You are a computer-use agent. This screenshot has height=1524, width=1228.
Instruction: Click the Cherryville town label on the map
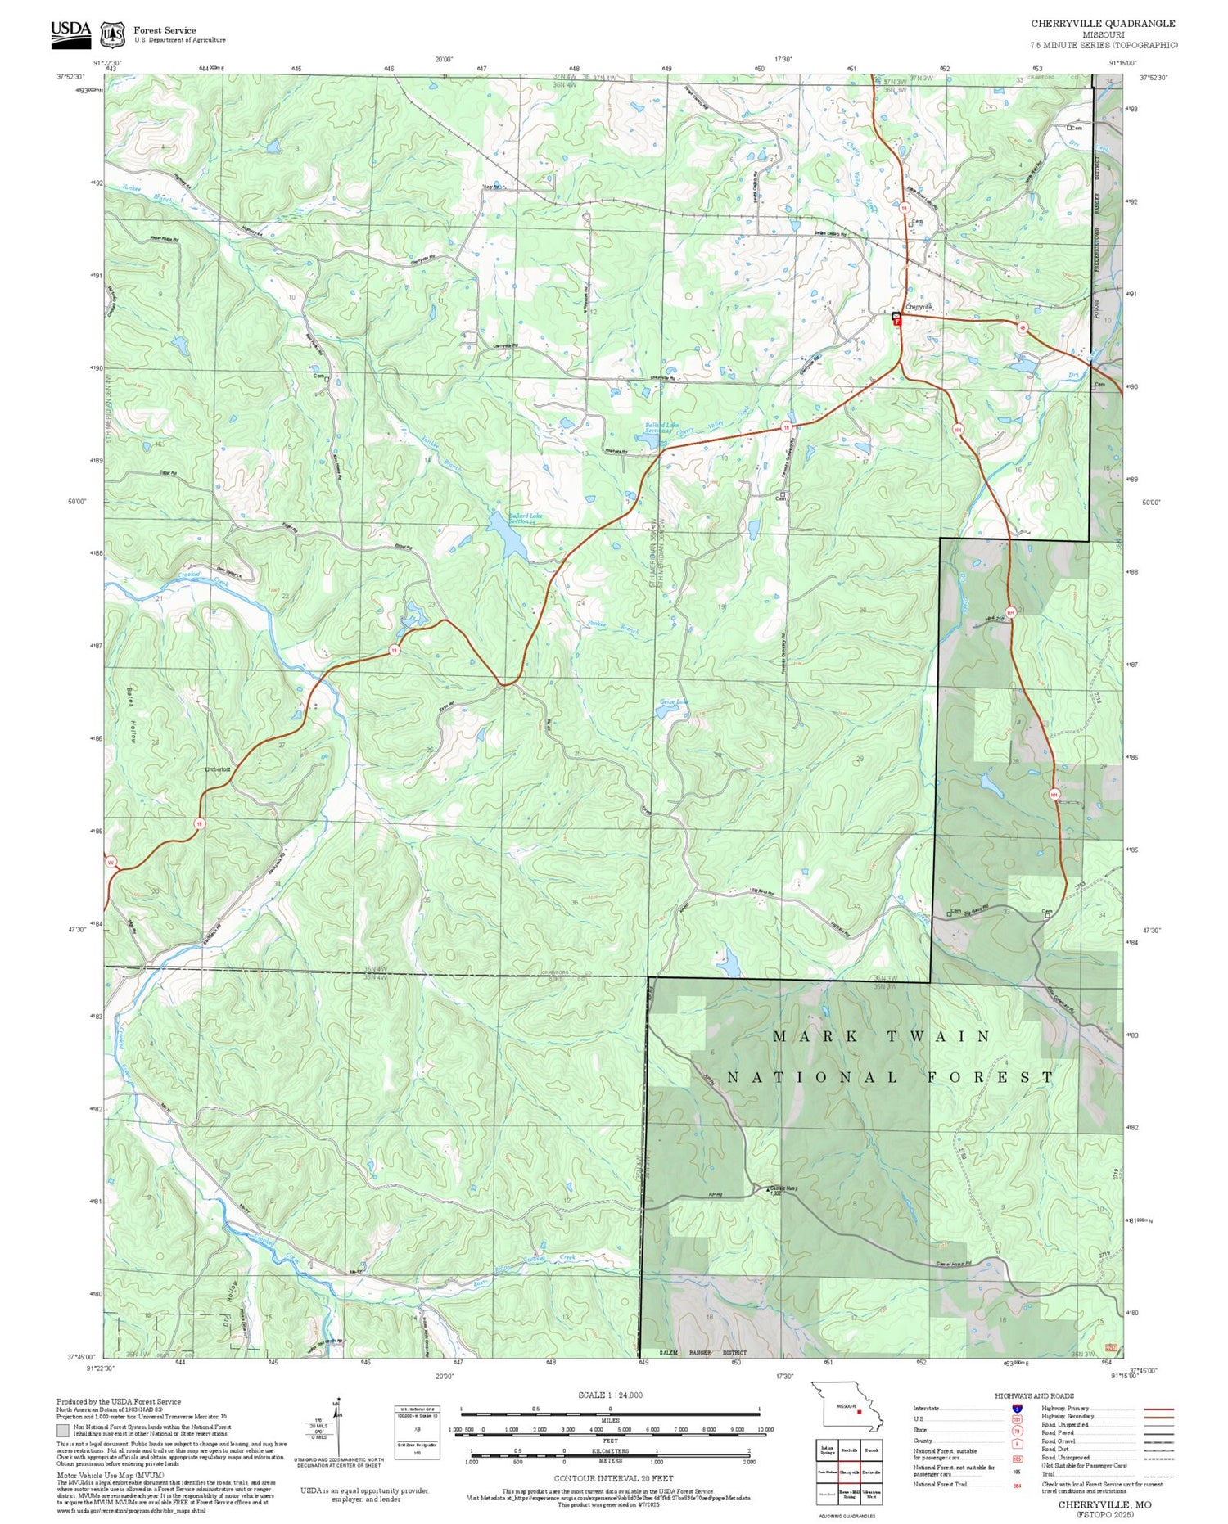point(919,307)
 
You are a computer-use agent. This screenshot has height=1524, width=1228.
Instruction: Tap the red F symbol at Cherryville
point(897,322)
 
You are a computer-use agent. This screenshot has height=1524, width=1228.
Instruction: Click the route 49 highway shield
point(1023,327)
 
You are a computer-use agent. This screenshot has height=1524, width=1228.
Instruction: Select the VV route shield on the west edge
point(111,862)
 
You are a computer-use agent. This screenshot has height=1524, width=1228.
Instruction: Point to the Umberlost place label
point(217,769)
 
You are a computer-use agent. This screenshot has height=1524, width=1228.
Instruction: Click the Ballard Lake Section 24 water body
point(508,536)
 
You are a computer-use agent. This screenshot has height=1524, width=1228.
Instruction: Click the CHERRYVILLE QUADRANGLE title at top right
point(1103,23)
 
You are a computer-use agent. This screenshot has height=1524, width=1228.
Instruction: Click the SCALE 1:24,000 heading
point(610,1395)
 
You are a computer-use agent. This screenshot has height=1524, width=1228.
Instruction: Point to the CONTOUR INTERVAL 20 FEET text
point(613,1478)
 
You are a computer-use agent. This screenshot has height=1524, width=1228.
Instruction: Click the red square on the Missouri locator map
point(859,1411)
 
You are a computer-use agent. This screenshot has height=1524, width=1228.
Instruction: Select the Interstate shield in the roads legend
point(1017,1409)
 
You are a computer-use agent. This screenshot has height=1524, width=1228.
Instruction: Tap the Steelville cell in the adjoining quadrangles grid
point(849,1450)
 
